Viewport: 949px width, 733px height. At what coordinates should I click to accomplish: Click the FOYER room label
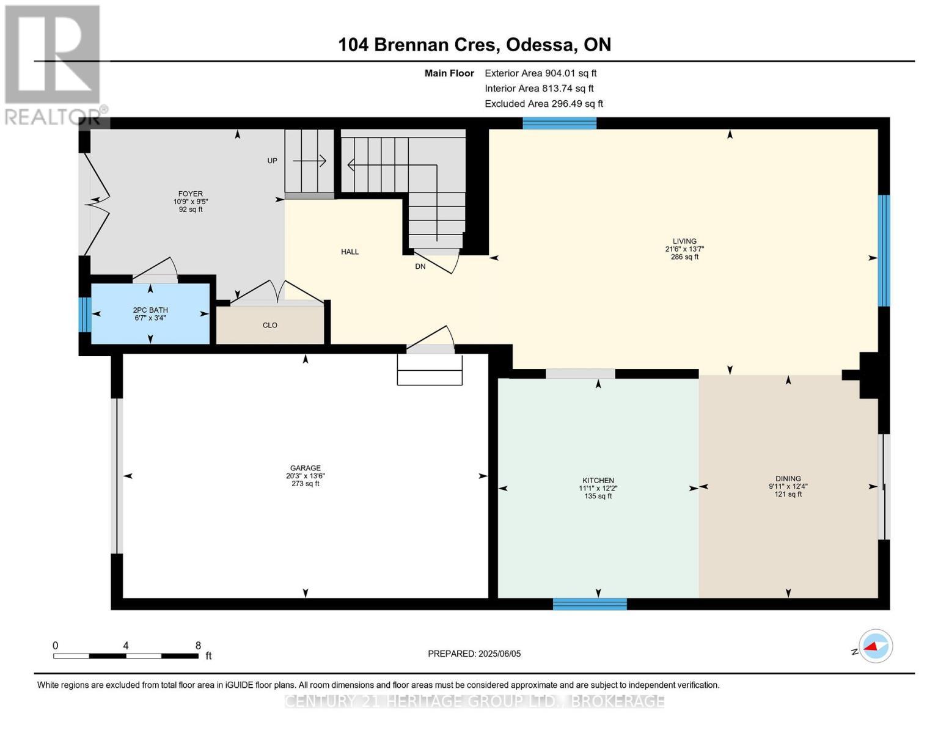pyautogui.click(x=190, y=194)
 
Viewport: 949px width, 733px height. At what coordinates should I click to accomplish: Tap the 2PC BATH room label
pyautogui.click(x=150, y=310)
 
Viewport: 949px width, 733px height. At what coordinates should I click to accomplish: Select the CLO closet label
pyautogui.click(x=269, y=325)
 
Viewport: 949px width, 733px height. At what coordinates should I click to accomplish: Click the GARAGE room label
pyautogui.click(x=306, y=469)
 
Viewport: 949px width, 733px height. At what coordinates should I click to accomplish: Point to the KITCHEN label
pyautogui.click(x=598, y=481)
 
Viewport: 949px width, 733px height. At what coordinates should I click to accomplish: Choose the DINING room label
pyautogui.click(x=788, y=479)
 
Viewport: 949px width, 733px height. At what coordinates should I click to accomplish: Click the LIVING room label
pyautogui.click(x=684, y=241)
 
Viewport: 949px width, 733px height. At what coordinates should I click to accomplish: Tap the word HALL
pyautogui.click(x=350, y=252)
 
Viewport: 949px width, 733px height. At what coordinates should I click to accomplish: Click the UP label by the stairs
pyautogui.click(x=272, y=161)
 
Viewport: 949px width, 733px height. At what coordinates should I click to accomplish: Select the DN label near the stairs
pyautogui.click(x=420, y=266)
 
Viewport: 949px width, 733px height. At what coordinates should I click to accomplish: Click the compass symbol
pyautogui.click(x=875, y=646)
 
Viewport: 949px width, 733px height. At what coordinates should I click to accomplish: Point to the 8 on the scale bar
pyautogui.click(x=197, y=645)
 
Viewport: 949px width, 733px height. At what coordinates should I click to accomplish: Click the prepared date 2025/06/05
pyautogui.click(x=499, y=654)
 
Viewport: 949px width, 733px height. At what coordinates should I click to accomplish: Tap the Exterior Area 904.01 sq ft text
pyautogui.click(x=540, y=73)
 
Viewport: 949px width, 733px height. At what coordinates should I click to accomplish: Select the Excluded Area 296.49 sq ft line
pyautogui.click(x=543, y=104)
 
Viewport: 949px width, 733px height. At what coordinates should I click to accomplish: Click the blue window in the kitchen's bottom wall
pyautogui.click(x=590, y=604)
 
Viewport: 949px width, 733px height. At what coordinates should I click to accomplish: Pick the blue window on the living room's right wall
pyautogui.click(x=884, y=250)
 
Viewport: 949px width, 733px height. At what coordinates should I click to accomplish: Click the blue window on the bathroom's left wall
pyautogui.click(x=85, y=314)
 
